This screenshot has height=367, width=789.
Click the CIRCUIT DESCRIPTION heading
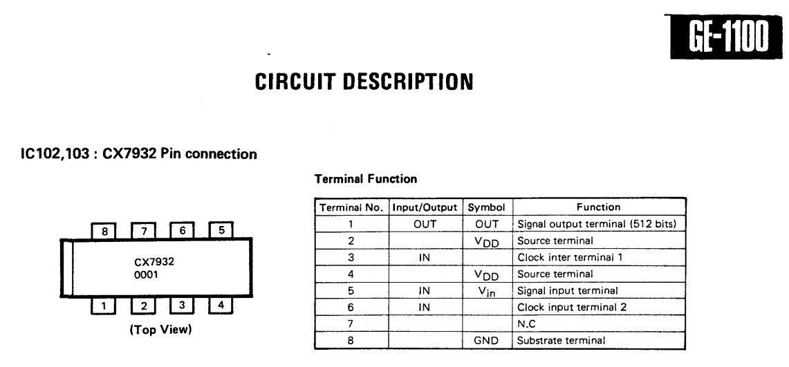(364, 82)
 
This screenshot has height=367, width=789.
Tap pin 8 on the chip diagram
(104, 232)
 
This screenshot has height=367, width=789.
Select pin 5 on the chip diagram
(221, 230)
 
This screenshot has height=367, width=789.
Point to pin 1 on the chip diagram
(104, 305)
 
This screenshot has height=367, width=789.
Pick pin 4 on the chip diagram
(221, 305)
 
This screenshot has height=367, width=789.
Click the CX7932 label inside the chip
(154, 262)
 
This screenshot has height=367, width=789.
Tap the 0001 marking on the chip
(146, 275)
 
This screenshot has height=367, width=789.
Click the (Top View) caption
(161, 330)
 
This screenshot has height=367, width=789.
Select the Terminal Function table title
(366, 179)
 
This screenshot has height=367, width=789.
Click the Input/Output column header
(425, 207)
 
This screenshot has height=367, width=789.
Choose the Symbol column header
(486, 207)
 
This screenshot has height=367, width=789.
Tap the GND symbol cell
(486, 340)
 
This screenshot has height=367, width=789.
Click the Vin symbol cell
(486, 291)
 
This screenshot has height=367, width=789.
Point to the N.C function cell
(527, 324)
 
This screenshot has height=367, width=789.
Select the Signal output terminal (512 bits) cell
(597, 224)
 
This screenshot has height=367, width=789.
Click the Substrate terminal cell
(561, 340)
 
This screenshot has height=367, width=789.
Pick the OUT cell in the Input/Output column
(425, 224)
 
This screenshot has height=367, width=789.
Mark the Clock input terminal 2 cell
(572, 307)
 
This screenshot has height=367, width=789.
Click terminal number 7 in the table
(351, 324)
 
